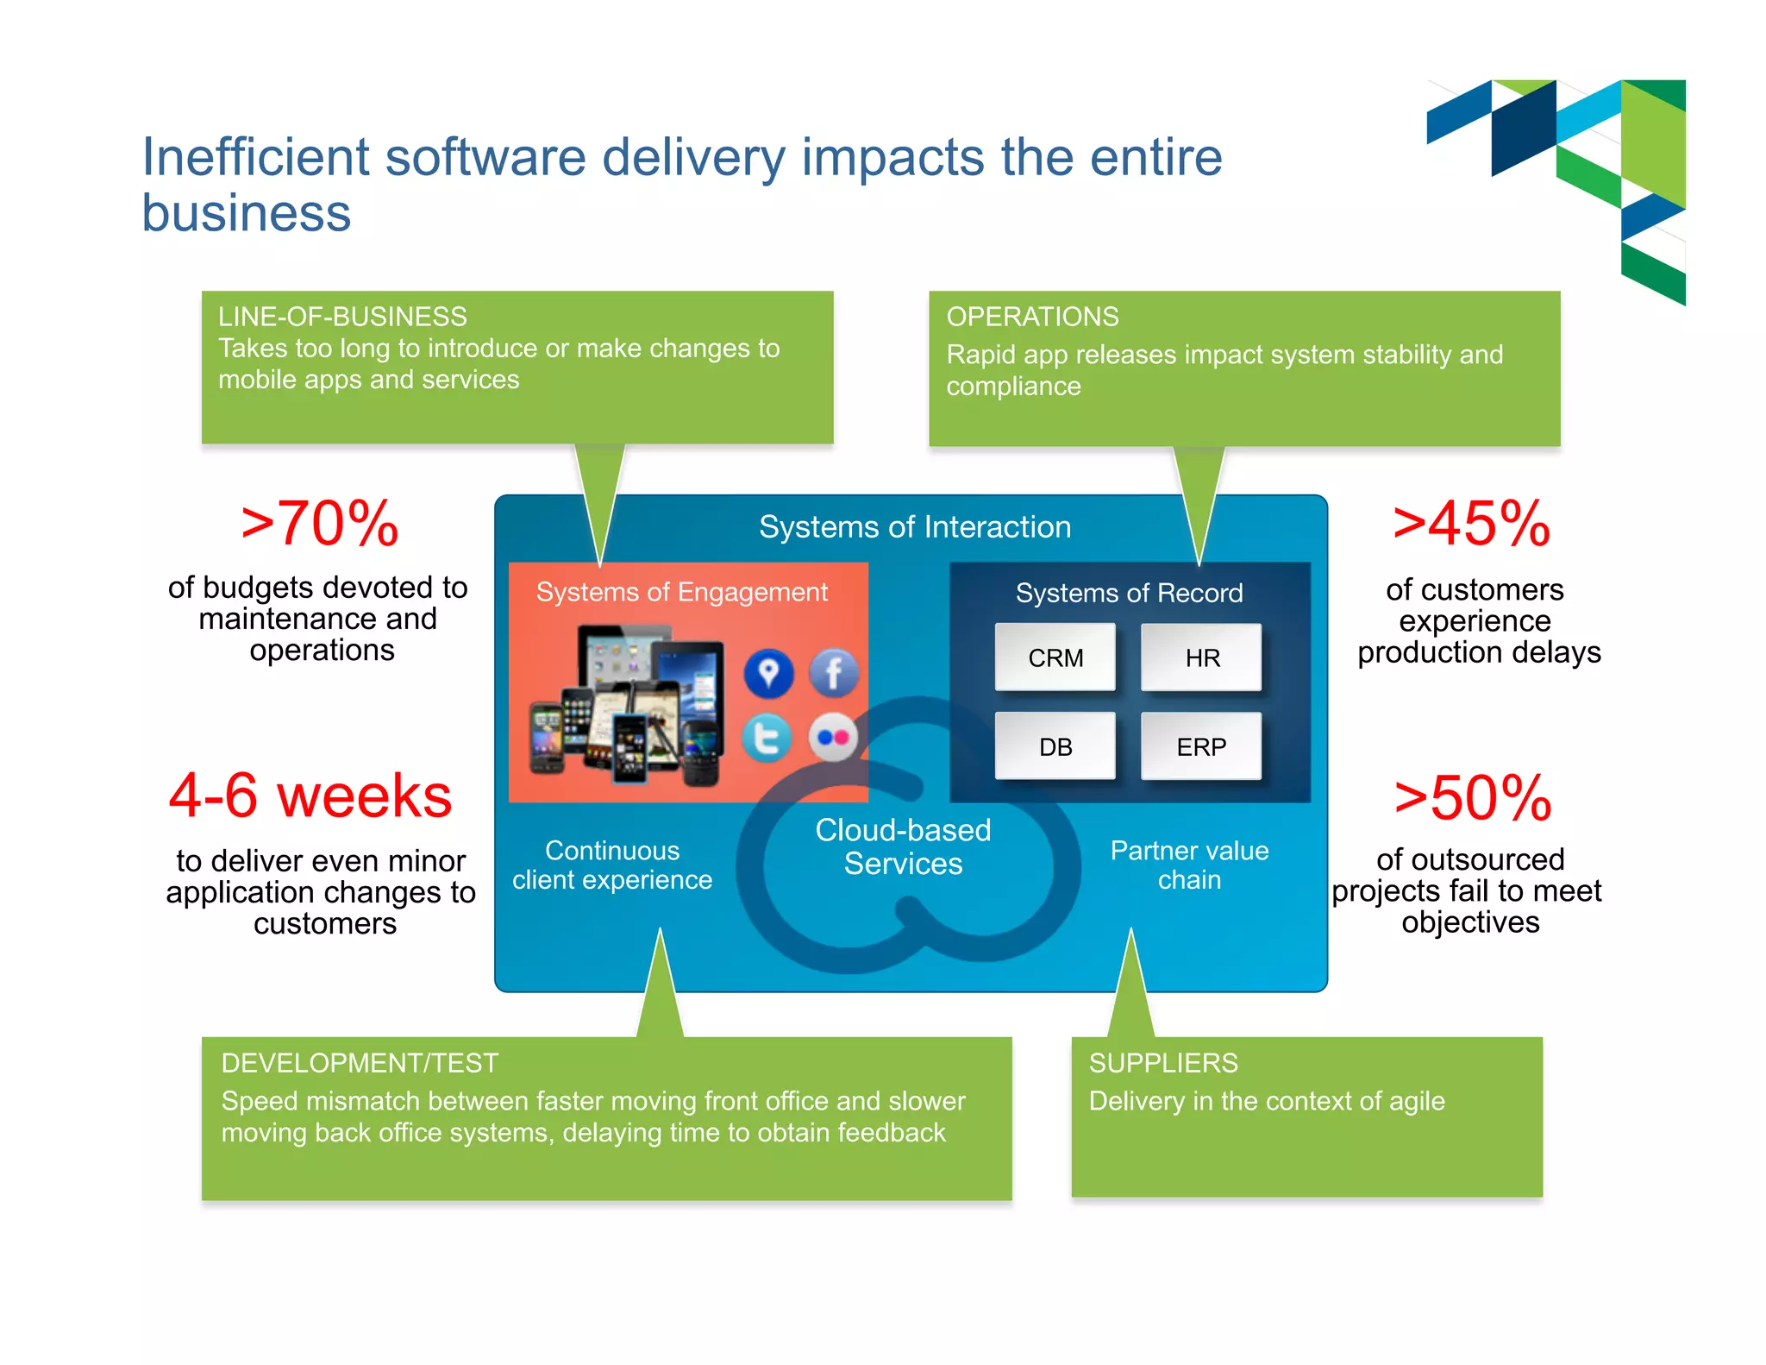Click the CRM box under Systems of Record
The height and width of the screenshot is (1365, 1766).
1055,657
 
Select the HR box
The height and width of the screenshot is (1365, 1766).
1201,657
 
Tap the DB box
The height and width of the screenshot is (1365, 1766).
1055,746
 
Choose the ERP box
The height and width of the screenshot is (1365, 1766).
1201,746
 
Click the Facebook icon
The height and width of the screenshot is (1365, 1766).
833,673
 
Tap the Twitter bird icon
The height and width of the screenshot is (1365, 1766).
767,739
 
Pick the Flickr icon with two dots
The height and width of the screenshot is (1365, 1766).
833,738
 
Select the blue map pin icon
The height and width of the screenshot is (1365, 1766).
768,673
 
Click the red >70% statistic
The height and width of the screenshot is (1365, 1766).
320,524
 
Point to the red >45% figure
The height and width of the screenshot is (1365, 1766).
1472,524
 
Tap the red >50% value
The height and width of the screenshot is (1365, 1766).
1473,798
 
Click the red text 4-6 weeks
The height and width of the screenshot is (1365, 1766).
310,796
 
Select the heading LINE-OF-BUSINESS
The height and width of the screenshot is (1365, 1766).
342,317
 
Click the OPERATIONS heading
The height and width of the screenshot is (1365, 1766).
1032,317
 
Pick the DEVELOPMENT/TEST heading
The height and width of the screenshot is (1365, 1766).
360,1063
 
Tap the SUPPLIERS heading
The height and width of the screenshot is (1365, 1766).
1163,1063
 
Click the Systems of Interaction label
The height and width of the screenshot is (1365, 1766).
915,527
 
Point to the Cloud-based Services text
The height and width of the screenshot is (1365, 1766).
903,846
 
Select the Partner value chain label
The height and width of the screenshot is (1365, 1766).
1189,865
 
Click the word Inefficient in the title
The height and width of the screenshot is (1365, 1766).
256,157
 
